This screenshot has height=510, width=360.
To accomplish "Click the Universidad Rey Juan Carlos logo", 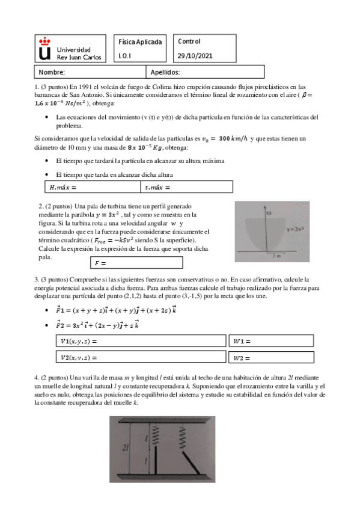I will point(70,49).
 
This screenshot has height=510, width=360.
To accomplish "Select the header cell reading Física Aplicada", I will point(140,42).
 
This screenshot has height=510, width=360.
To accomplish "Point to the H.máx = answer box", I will point(93,188).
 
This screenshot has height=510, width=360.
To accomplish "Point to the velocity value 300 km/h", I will point(231,138).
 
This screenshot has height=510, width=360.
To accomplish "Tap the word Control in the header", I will point(189,41).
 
